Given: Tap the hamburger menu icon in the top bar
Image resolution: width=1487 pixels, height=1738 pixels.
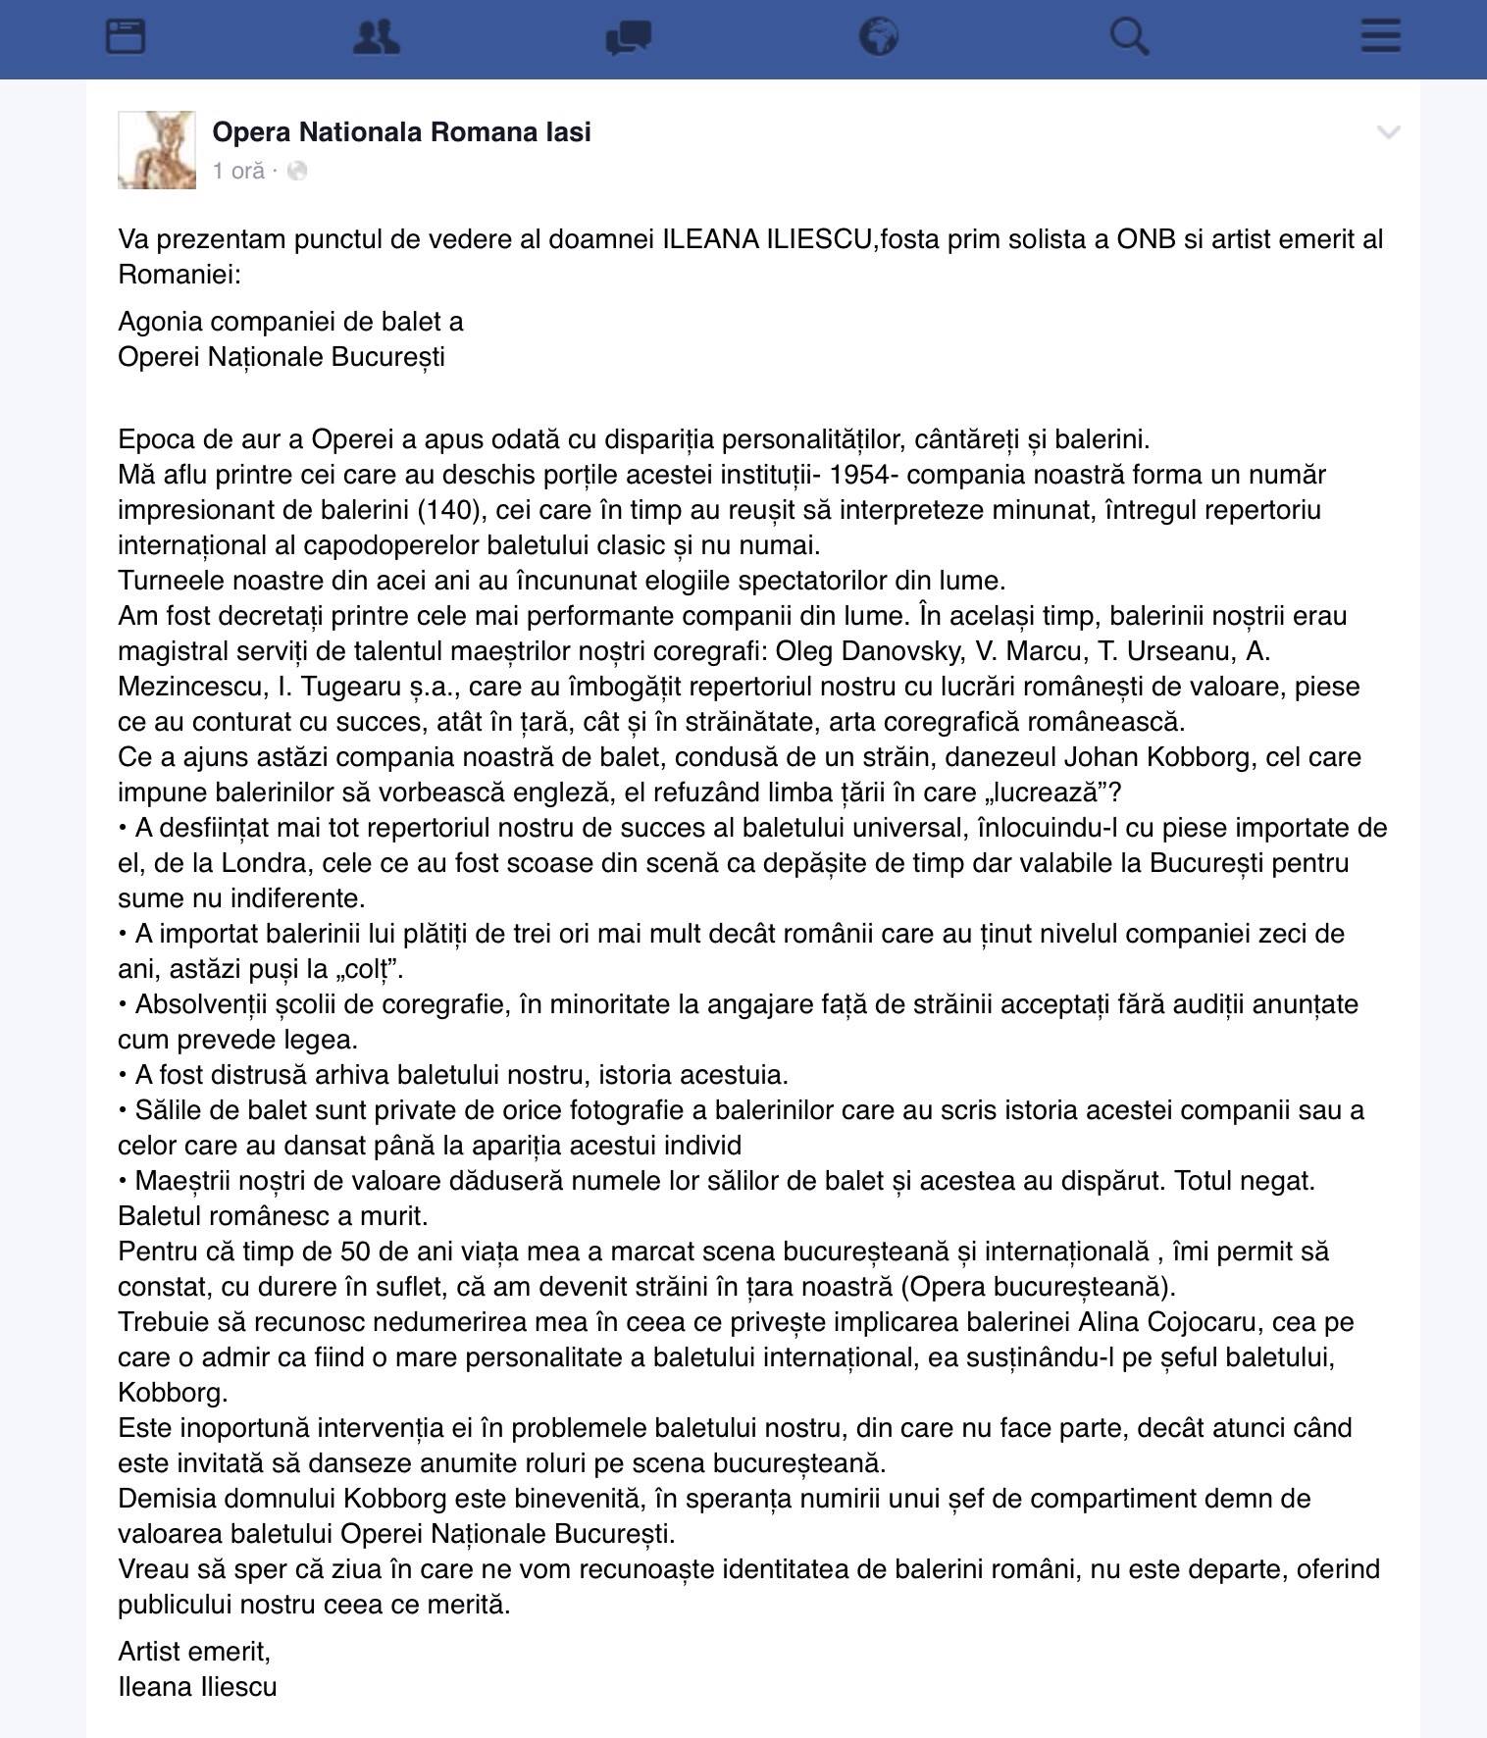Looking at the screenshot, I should tap(1380, 37).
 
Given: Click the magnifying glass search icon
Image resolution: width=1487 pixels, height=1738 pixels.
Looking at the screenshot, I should tap(1129, 37).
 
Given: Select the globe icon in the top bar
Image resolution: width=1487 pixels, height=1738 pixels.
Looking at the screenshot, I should tap(878, 37).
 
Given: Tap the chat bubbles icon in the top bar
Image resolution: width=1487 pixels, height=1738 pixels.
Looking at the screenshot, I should tap(628, 38).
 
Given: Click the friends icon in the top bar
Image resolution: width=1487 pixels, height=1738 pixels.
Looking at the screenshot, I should tap(376, 37).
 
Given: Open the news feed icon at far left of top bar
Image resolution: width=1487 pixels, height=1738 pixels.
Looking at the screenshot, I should tap(126, 37).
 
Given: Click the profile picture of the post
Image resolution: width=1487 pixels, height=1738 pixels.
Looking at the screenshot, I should tap(157, 150).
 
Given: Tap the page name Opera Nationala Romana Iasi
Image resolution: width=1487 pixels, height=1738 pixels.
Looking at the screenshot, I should tap(401, 132).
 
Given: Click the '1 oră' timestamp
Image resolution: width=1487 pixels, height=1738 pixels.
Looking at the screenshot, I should tap(238, 172).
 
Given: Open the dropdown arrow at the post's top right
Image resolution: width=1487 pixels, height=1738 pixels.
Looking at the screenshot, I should tap(1388, 132).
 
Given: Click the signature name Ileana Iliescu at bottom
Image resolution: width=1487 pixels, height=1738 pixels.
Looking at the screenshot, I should tap(197, 1687).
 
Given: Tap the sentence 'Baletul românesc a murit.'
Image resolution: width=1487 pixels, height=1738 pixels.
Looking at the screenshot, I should tap(273, 1216).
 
